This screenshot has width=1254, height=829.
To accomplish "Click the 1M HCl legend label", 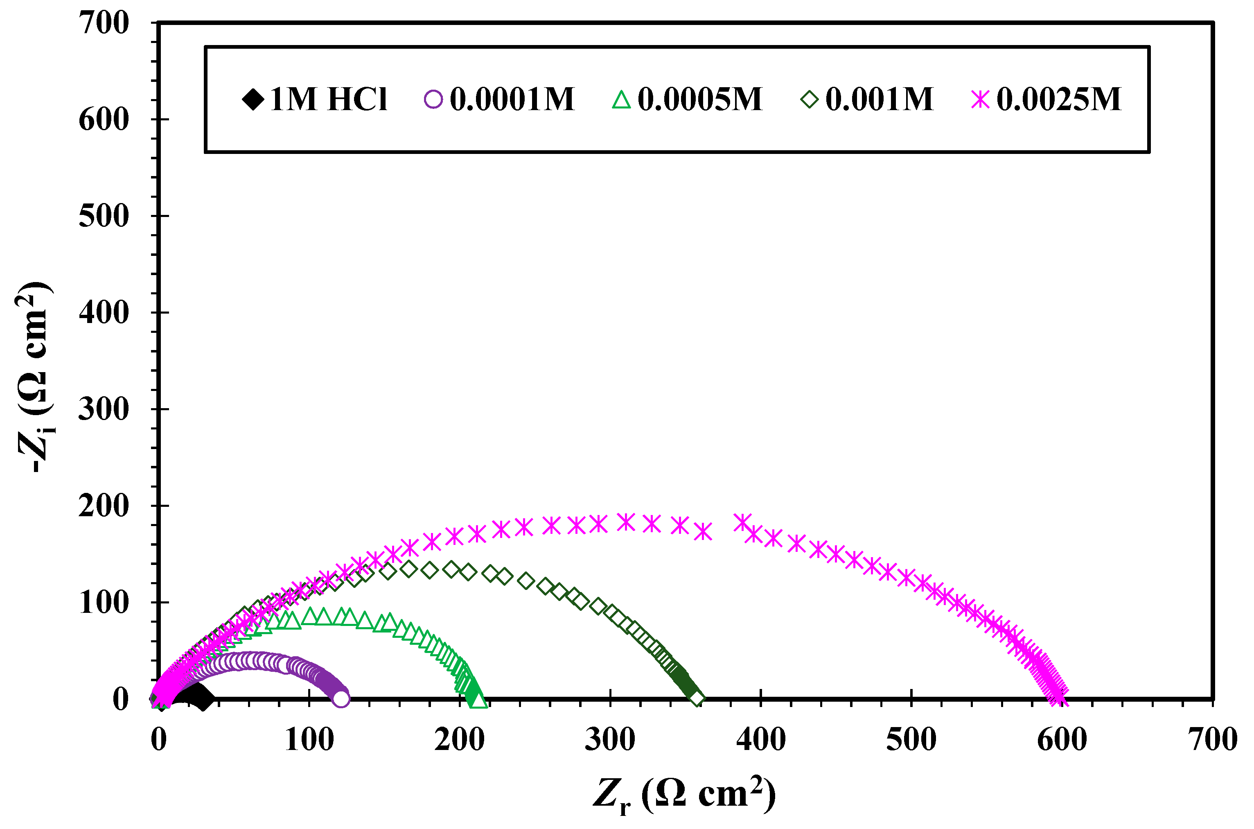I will [x=328, y=99].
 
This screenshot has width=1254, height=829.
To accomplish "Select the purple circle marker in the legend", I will [x=433, y=99].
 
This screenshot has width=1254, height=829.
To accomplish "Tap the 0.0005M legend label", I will [x=700, y=99].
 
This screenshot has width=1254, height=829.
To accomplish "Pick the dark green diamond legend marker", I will [x=810, y=99].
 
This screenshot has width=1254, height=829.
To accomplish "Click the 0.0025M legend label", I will [x=1058, y=99].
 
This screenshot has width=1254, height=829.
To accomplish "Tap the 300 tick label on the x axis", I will [x=610, y=740].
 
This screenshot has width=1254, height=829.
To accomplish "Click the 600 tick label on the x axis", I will [x=1062, y=740].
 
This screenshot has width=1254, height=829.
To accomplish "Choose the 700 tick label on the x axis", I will [x=1212, y=740].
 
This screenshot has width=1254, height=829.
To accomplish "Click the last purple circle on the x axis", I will [x=342, y=698].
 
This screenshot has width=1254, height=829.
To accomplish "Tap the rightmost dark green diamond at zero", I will [x=697, y=698].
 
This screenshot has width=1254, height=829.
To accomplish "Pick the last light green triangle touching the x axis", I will [x=479, y=700].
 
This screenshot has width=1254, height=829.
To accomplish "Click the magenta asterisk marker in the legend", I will [x=980, y=99].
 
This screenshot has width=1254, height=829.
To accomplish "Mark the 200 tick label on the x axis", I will [x=459, y=740].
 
